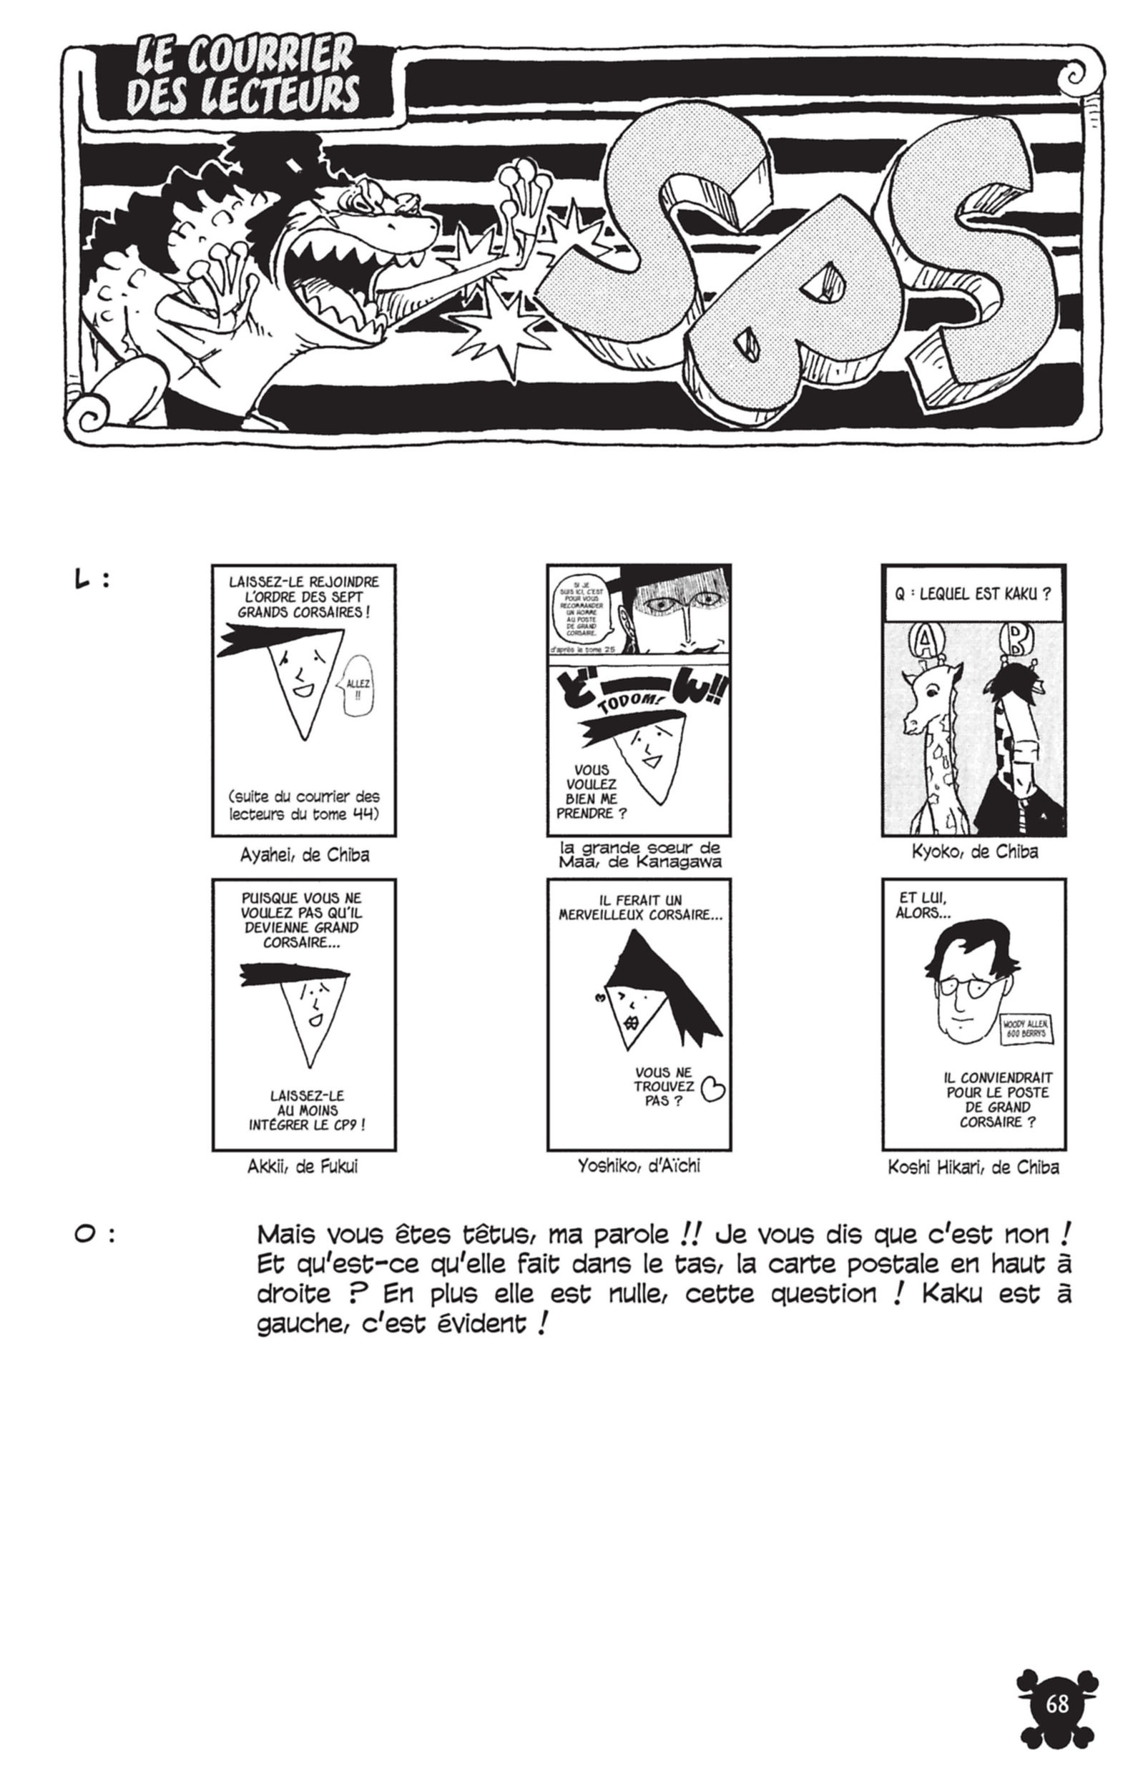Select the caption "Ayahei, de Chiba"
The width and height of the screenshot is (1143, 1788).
click(305, 854)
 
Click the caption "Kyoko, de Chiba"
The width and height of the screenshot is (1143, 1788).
click(974, 851)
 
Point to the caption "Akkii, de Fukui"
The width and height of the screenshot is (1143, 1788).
click(303, 1167)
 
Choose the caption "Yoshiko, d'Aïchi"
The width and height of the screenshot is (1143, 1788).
click(639, 1166)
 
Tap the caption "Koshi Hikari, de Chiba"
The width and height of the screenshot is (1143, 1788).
click(973, 1167)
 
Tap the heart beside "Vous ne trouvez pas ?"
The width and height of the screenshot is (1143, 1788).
click(713, 1090)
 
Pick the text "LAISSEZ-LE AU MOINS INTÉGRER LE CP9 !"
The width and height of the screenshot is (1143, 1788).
click(307, 1110)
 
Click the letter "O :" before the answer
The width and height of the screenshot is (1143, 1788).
click(94, 1235)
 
